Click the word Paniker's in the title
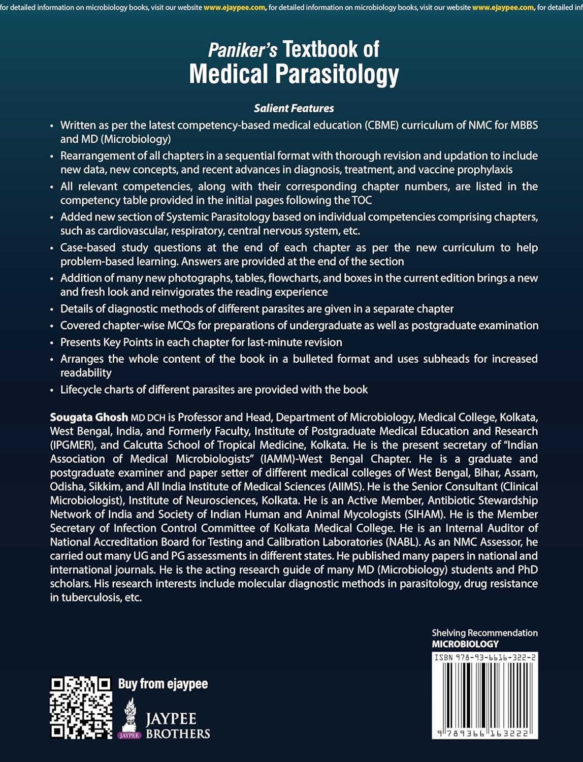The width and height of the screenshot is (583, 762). (243, 50)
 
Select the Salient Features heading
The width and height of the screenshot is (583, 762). (294, 108)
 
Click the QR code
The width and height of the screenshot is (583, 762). (80, 708)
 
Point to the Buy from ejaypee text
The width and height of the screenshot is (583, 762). (163, 684)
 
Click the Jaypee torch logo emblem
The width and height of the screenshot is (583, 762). (130, 717)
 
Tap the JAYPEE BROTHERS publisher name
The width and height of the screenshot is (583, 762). (177, 726)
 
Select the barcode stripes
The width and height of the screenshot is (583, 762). (484, 695)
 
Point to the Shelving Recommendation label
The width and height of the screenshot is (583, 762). (484, 633)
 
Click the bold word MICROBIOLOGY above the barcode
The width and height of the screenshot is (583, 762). (465, 644)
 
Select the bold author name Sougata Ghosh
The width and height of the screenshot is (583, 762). (89, 418)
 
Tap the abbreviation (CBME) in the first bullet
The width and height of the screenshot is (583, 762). (381, 125)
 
